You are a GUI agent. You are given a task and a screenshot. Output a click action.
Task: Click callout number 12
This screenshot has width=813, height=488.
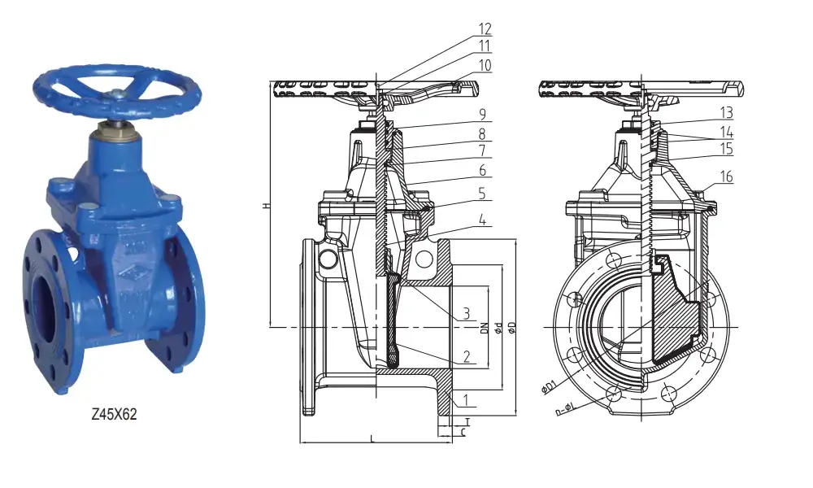485,29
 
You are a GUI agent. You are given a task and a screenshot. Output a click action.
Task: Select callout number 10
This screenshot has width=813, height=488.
485,64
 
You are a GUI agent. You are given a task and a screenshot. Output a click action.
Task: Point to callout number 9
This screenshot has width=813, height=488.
482,113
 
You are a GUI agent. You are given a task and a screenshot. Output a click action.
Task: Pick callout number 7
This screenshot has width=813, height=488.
482,150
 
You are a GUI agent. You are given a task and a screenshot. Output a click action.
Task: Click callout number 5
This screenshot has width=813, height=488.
482,193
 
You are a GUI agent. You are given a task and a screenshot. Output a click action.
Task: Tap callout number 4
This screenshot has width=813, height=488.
482,220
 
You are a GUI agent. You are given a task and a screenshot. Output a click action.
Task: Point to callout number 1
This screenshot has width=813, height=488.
467,399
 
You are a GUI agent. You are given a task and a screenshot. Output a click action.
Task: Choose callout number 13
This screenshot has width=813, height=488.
726,111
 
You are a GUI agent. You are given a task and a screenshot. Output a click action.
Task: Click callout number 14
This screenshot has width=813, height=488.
726,132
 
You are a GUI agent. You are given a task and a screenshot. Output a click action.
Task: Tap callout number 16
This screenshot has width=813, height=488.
726,177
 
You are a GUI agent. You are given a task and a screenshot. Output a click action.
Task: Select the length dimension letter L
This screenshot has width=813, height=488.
372,439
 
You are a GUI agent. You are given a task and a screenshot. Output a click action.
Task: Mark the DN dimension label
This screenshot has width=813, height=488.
484,327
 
